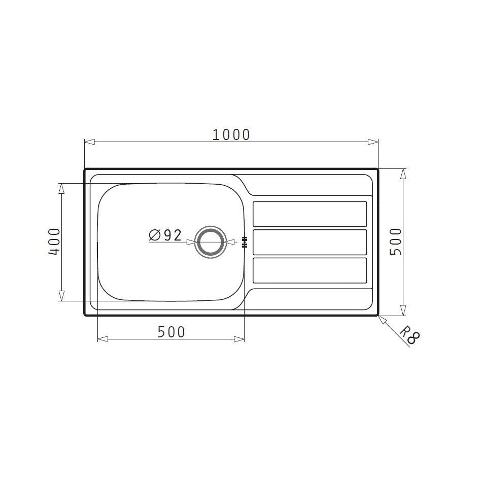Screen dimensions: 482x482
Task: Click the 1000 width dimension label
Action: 231,134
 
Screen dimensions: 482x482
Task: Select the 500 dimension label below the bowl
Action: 171,332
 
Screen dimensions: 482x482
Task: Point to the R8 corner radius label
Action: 409,335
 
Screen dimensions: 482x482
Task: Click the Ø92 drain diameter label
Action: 165,235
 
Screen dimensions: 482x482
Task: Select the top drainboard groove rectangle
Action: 309,214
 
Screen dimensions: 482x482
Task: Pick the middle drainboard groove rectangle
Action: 309,242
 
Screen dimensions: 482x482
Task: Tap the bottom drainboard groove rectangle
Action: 309,270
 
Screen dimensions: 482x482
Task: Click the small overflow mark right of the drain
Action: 245,243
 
